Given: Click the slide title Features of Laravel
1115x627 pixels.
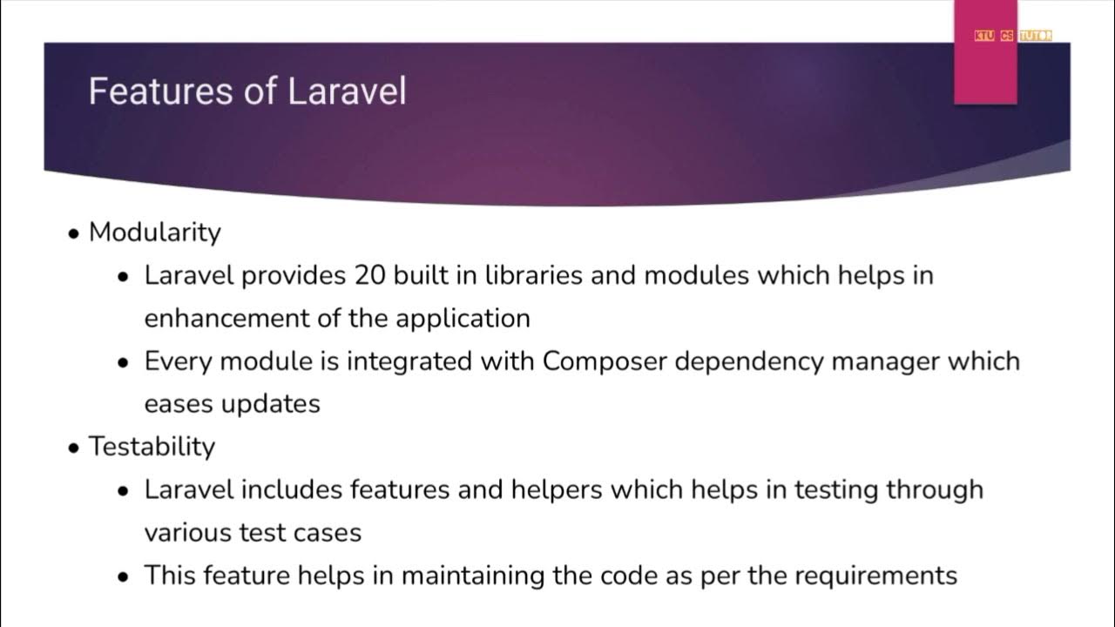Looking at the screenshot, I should [x=247, y=91].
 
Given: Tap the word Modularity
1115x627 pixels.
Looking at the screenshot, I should [x=155, y=233].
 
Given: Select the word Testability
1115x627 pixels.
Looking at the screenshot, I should [x=152, y=447].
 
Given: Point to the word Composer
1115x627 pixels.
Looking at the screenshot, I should [x=598, y=361].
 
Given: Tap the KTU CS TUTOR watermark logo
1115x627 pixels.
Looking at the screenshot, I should [x=1012, y=36].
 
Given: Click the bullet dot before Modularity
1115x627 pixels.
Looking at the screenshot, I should [x=74, y=234].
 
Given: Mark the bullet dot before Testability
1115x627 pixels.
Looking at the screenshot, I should [x=74, y=448].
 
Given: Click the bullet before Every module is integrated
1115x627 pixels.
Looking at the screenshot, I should [x=124, y=362].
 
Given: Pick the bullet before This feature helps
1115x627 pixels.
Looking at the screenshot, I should [x=124, y=576].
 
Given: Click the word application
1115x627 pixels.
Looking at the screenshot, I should [x=463, y=319].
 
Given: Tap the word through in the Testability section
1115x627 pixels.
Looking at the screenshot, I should [x=935, y=489].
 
